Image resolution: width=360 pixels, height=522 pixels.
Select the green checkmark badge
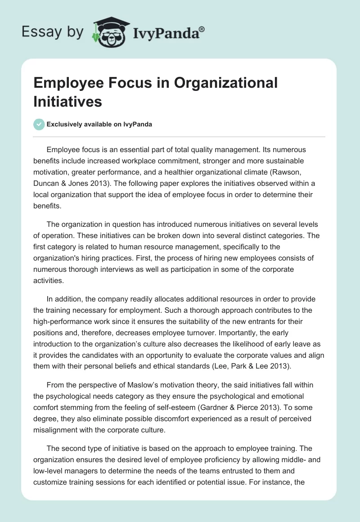(x=39, y=124)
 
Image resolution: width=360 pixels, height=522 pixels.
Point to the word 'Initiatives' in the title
(x=67, y=101)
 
